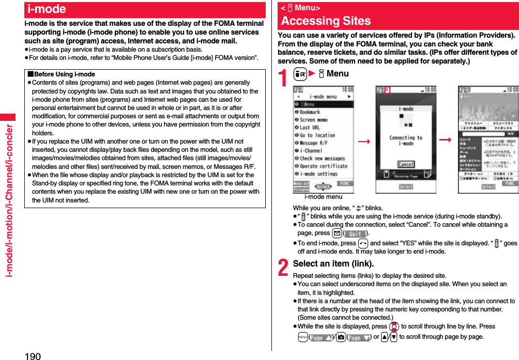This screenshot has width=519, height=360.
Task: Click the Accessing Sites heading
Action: pyautogui.click(x=326, y=21)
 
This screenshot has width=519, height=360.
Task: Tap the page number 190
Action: pyautogui.click(x=32, y=355)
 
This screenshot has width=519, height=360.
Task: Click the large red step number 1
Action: pyautogui.click(x=283, y=79)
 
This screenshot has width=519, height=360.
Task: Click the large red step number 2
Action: pyautogui.click(x=283, y=268)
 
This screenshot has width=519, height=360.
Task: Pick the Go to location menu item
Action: pyautogui.click(x=317, y=135)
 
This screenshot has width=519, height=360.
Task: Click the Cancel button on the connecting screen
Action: pyautogui.click(x=406, y=164)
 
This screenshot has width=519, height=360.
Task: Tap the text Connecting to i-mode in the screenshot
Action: pyautogui.click(x=406, y=141)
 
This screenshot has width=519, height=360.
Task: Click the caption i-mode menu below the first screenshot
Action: pyautogui.click(x=323, y=197)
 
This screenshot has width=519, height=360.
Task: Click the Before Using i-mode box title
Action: pyautogui.click(x=64, y=74)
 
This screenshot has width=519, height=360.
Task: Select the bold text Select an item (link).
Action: pyautogui.click(x=333, y=263)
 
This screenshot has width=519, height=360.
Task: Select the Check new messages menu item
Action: pyautogui.click(x=322, y=159)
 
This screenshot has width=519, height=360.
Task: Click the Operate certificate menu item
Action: pyautogui.click(x=323, y=166)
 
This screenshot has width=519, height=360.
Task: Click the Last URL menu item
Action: pyautogui.click(x=310, y=128)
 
